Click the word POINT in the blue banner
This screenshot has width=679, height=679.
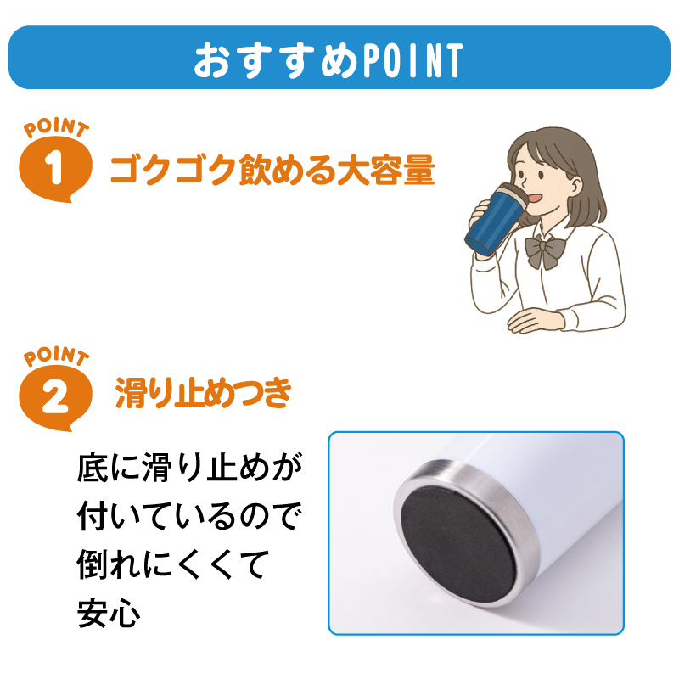412,60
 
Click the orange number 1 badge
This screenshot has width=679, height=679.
55,168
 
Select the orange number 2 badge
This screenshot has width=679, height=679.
55,397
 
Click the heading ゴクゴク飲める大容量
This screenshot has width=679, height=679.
272,170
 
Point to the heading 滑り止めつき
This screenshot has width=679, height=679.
204,392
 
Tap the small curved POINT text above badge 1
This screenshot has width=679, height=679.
56,128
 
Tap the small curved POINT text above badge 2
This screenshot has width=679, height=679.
56,356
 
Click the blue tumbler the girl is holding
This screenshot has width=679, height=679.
496,220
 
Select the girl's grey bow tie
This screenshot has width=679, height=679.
545,251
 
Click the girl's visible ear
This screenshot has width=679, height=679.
576,186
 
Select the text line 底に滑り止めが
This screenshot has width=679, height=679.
188,468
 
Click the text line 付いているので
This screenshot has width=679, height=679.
188,517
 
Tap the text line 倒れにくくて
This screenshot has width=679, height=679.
173,565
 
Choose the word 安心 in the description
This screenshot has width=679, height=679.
109,614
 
